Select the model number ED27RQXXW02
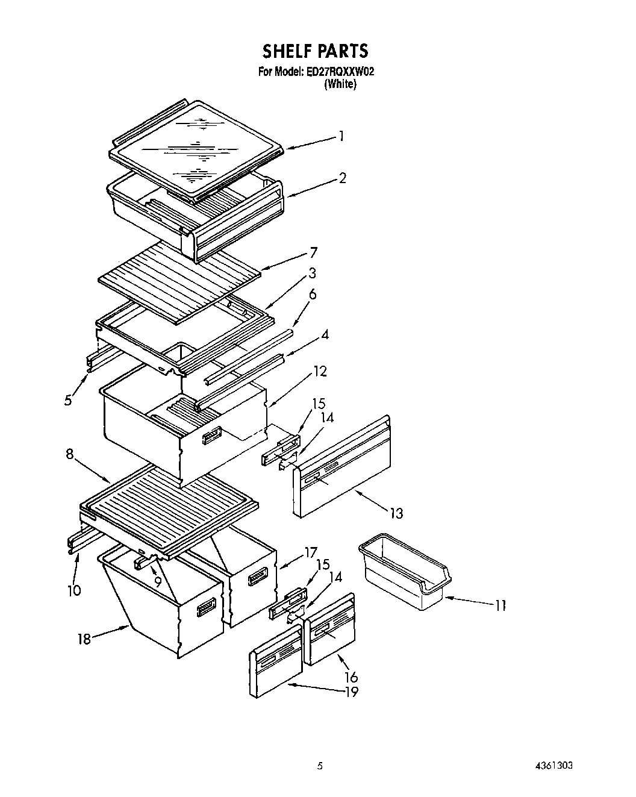point(340,72)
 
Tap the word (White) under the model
point(340,85)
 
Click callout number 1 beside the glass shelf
point(341,136)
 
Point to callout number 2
point(342,178)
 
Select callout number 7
point(313,252)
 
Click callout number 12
point(319,371)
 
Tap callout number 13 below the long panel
point(396,513)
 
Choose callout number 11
point(500,605)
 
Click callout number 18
point(84,639)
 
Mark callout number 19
point(351,692)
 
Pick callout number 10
point(73,590)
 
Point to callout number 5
point(68,399)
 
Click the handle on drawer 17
point(257,577)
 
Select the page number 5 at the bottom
point(320,766)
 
